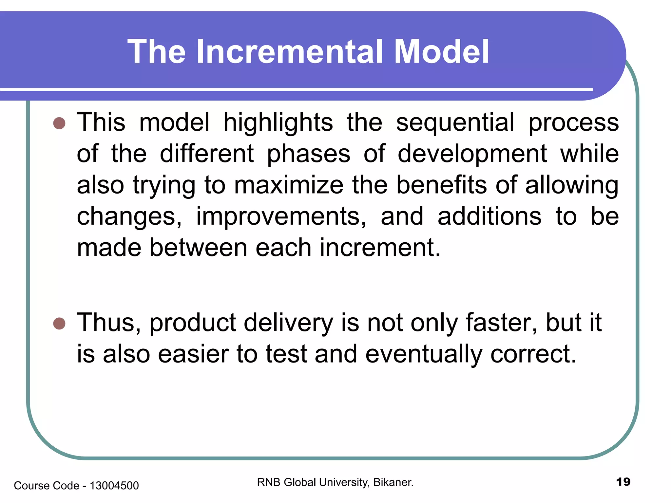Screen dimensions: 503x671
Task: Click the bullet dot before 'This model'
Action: [59, 123]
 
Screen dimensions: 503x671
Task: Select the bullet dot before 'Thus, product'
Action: [59, 324]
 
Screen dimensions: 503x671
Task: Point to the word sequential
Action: [455, 122]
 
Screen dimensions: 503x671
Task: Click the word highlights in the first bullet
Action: [278, 122]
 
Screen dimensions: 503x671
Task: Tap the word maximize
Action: [289, 185]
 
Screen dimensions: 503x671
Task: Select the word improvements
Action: [281, 216]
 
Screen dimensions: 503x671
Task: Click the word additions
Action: [489, 216]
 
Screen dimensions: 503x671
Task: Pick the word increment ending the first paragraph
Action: [380, 248]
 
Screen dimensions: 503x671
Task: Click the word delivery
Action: [288, 323]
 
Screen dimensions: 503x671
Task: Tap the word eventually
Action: [424, 354]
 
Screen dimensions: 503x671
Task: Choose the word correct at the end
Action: [533, 354]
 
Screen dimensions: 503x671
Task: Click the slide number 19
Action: [623, 482]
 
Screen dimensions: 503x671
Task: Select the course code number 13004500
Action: [114, 485]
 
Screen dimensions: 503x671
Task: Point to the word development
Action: [472, 154]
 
